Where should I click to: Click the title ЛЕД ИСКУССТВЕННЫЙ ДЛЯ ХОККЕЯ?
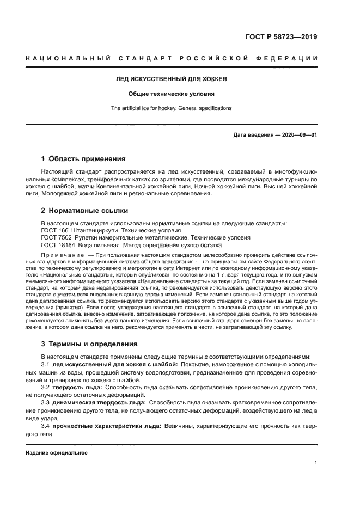172,79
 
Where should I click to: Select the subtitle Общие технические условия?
172,94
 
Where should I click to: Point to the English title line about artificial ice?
172,108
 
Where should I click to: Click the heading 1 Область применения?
83,159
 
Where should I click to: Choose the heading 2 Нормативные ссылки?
84,210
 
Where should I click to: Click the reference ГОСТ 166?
54,230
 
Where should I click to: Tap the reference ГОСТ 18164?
58,245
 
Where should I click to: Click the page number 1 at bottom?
315,463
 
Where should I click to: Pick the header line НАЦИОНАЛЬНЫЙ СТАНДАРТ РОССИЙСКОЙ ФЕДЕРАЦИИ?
172,58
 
